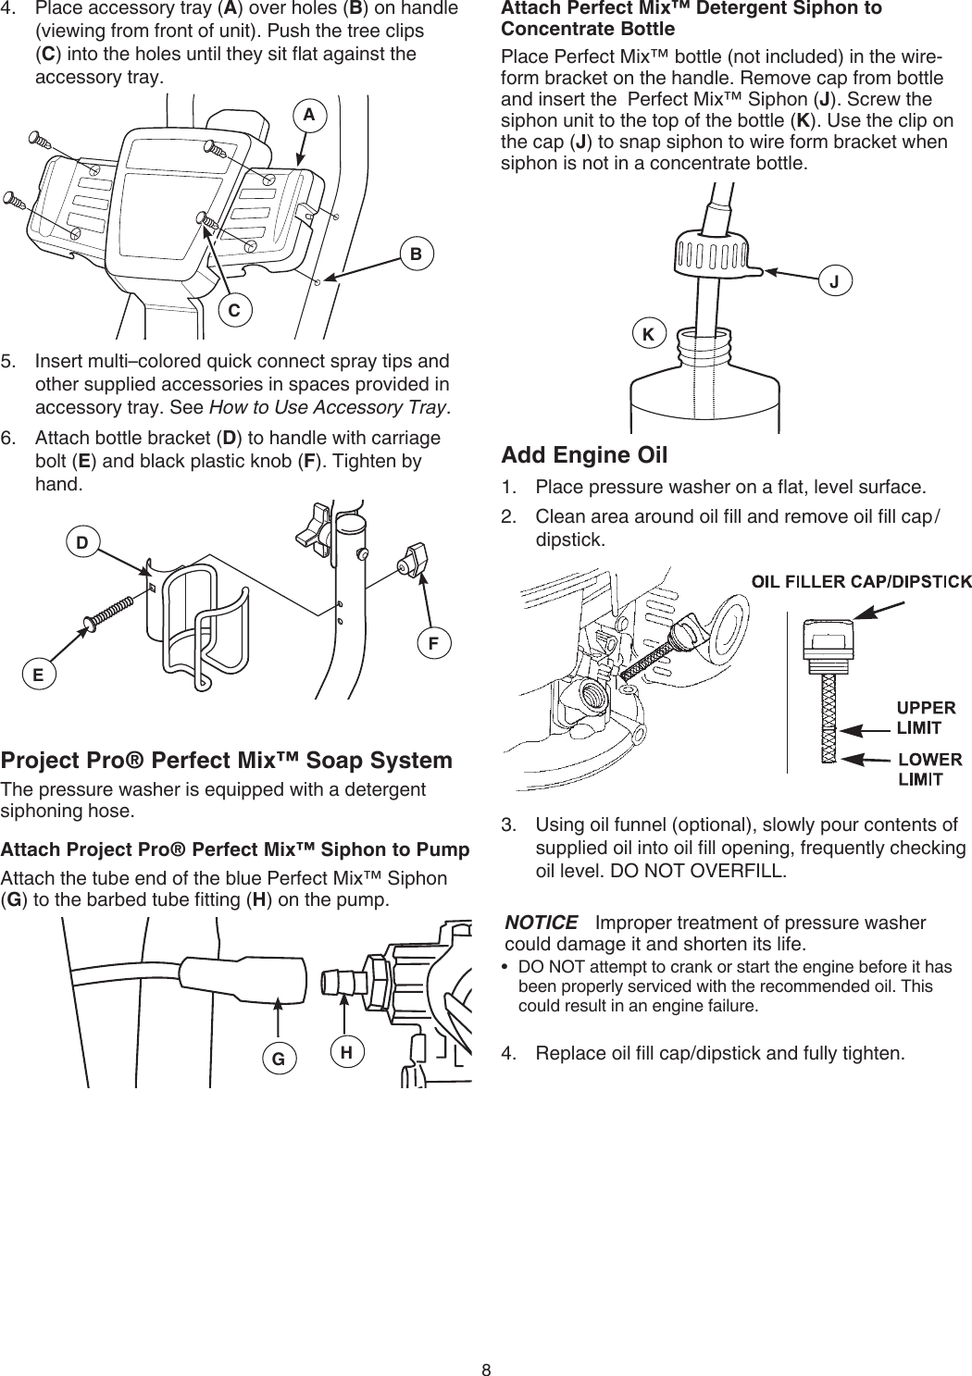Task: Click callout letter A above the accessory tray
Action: (309, 115)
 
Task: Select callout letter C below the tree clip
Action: (235, 311)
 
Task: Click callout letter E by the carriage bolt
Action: (38, 675)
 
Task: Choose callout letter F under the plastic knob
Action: (432, 641)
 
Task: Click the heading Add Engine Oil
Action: (584, 455)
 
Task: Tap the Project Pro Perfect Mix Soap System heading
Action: (227, 761)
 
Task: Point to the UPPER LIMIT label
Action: (927, 718)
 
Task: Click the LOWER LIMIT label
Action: (930, 769)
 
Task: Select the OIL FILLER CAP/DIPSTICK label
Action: (861, 581)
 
